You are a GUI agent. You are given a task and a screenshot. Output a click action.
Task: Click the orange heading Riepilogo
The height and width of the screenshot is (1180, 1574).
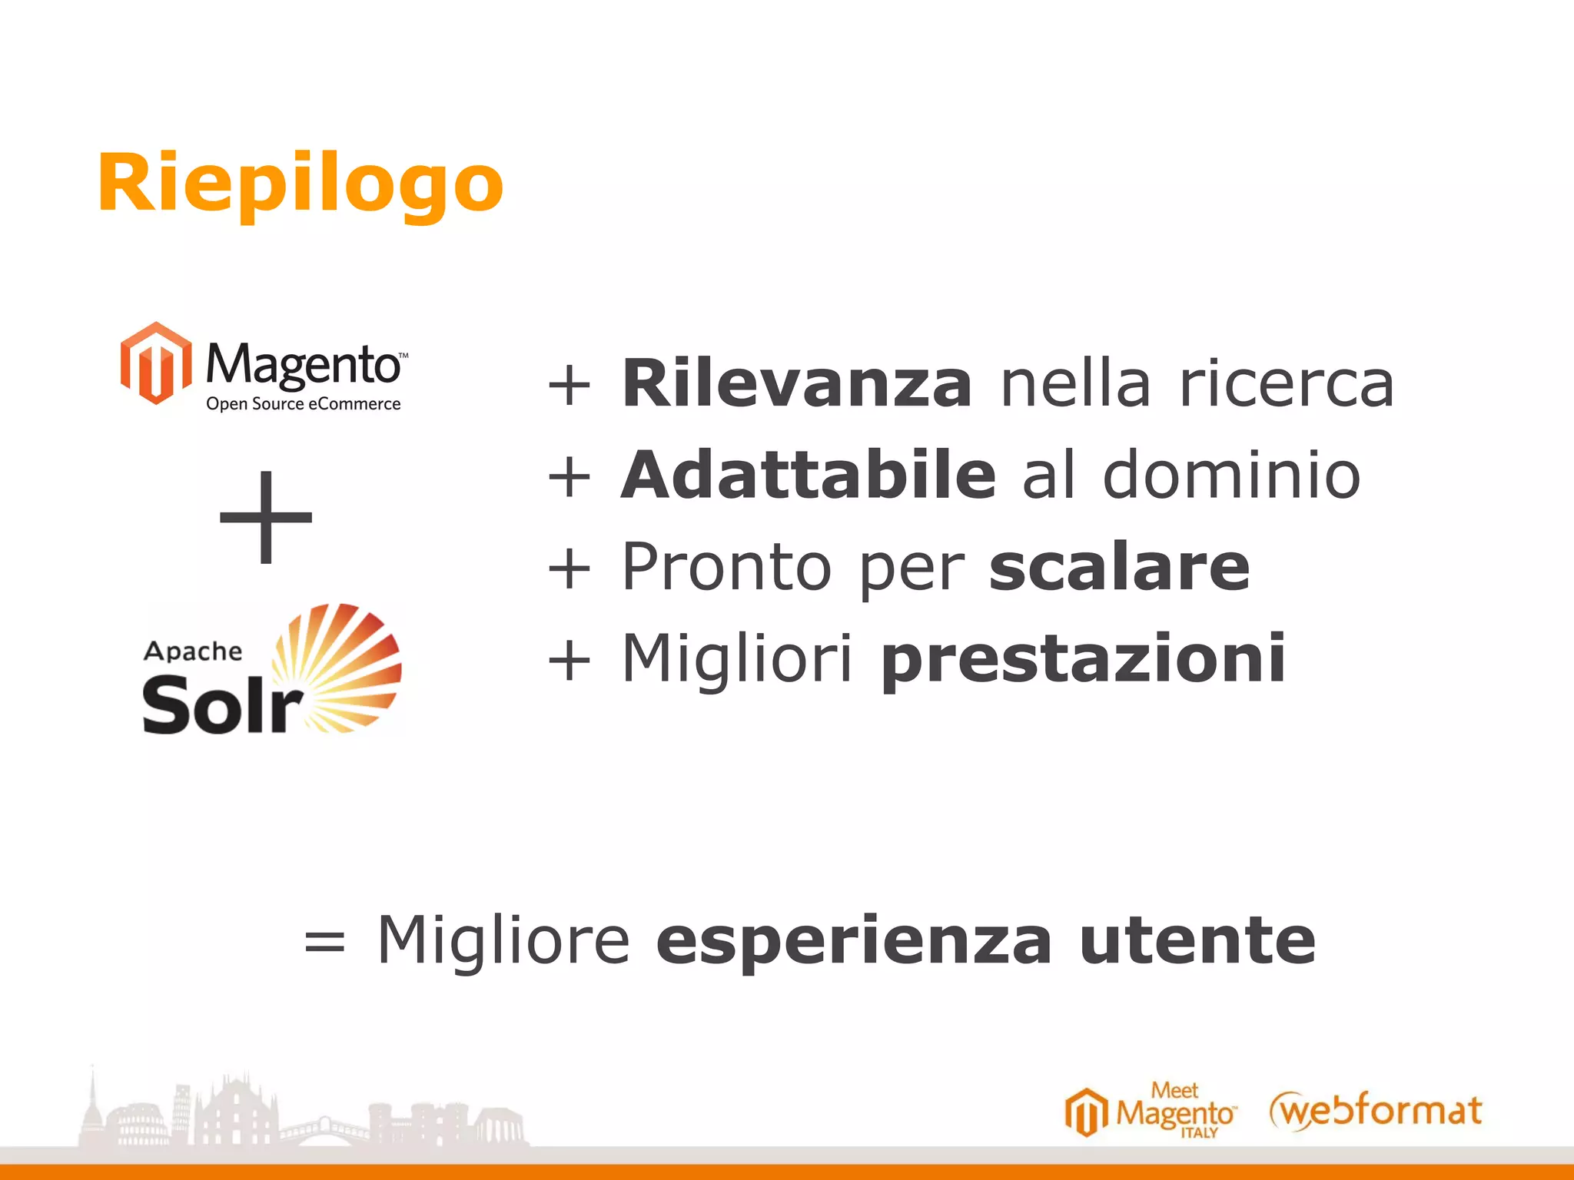click(x=300, y=184)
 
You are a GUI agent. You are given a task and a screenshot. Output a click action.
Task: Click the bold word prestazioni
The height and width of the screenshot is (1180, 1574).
click(x=1083, y=659)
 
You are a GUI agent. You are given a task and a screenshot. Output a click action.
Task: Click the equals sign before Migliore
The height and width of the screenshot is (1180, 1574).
click(x=324, y=942)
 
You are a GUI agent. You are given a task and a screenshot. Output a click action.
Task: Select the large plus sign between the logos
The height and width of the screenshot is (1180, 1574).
click(x=266, y=516)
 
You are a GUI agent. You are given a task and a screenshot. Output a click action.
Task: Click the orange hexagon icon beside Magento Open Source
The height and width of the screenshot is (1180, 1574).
click(x=156, y=363)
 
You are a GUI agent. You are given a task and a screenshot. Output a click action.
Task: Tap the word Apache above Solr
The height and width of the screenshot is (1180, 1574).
click(x=193, y=651)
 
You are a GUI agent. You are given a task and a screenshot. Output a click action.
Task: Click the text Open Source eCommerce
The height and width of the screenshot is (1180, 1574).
click(x=304, y=404)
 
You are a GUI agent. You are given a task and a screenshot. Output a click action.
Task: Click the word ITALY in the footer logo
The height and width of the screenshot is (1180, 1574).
click(x=1199, y=1133)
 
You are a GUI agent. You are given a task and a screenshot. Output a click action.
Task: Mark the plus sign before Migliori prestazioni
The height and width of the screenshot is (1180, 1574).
click(x=569, y=659)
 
